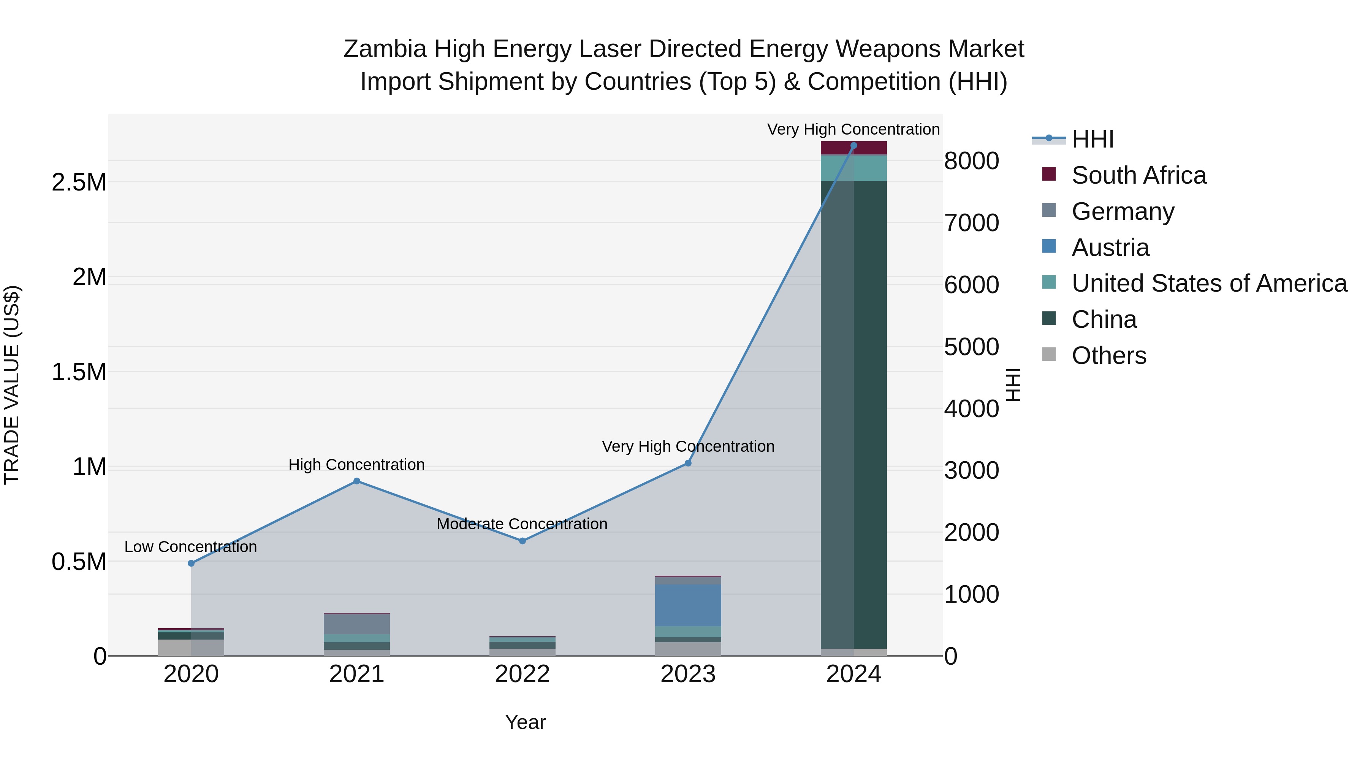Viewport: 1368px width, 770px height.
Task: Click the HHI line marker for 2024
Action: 853,146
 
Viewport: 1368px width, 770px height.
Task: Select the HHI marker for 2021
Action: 357,481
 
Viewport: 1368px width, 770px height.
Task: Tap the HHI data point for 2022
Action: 522,541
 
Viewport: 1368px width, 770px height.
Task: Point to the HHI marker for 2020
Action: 191,563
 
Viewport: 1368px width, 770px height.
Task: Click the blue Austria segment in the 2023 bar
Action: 688,605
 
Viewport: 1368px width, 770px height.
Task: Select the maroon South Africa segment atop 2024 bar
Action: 853,148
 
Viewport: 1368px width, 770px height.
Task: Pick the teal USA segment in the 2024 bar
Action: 853,168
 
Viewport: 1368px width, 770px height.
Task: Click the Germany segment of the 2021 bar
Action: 357,624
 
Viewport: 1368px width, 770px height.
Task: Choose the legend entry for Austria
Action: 1110,248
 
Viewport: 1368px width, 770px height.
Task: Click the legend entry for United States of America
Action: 1209,283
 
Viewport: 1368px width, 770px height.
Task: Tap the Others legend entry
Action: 1108,356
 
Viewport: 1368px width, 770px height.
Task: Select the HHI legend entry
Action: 1092,139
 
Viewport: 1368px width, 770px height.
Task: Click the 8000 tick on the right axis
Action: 971,161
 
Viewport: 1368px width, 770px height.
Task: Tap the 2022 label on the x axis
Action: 522,674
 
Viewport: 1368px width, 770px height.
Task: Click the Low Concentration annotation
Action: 191,547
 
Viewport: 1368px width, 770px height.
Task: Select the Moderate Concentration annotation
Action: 522,524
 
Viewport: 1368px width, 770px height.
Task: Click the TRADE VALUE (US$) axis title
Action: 12,385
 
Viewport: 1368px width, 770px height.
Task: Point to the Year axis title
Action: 525,722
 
